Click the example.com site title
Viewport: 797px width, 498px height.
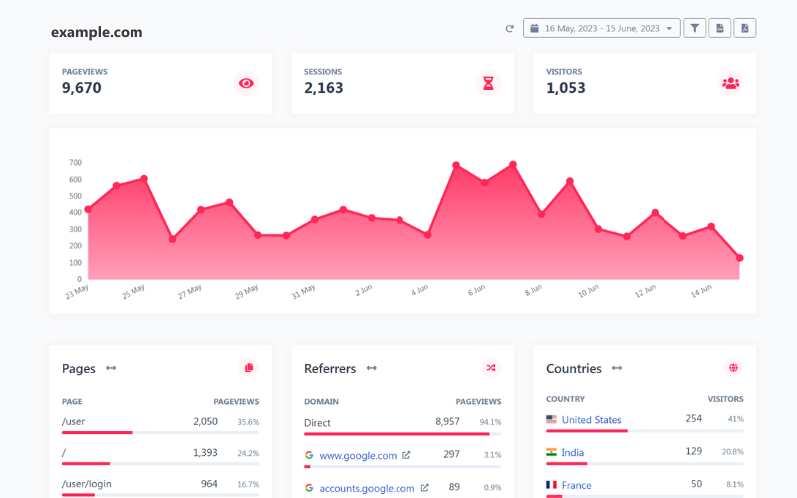pos(97,32)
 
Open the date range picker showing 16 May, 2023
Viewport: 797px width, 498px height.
pos(602,28)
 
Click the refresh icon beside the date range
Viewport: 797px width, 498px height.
pos(510,28)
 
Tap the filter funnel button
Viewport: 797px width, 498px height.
pos(695,28)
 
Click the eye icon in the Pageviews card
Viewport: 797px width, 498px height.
pos(246,83)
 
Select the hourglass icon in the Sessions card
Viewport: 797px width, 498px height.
pos(488,83)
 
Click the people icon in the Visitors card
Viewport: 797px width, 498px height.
pos(731,83)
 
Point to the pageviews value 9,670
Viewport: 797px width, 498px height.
pos(82,88)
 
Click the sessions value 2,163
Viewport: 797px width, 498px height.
pos(324,88)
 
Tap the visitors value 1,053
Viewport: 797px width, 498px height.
pos(566,88)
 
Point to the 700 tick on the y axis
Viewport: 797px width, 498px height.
pos(75,162)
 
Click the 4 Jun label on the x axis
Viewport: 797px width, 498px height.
pos(419,291)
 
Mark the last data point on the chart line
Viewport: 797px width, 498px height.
pos(739,258)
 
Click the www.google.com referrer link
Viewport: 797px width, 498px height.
pos(358,456)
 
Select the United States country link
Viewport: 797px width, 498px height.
pos(591,420)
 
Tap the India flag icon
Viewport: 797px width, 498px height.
pos(551,452)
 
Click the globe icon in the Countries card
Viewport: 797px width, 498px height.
pos(734,368)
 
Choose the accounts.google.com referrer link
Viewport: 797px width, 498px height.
pos(367,488)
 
